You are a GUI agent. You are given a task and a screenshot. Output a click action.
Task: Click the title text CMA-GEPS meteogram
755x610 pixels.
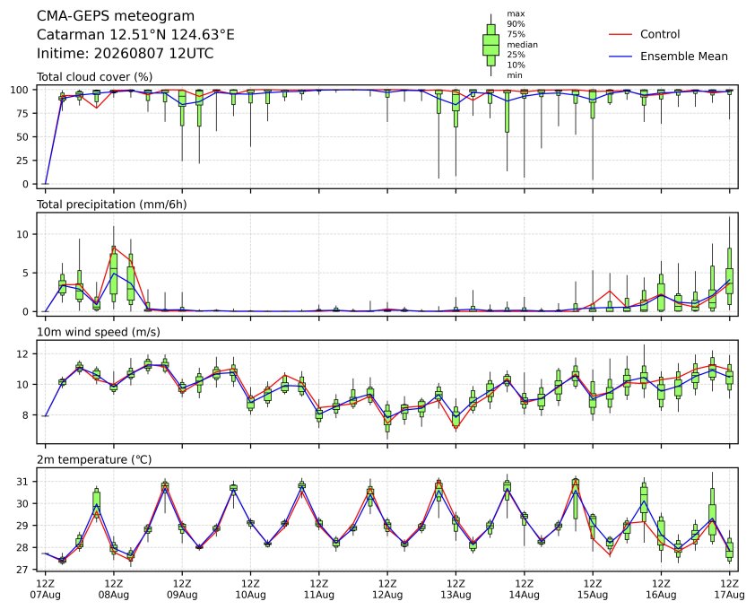tap(116, 16)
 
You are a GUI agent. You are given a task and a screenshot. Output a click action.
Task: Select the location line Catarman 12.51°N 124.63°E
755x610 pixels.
tap(135, 35)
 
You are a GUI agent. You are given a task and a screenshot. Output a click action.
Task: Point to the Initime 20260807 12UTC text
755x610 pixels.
tap(126, 53)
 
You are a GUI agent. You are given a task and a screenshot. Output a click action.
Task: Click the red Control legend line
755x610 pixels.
tap(620, 35)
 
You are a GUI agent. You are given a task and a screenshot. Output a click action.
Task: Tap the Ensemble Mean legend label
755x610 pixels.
tap(684, 57)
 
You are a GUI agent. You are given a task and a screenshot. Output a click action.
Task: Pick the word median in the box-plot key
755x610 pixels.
tap(522, 44)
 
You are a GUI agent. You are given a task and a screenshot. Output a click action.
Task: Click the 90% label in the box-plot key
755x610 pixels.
tap(516, 23)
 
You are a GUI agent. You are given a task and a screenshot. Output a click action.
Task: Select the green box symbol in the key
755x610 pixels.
tap(490, 45)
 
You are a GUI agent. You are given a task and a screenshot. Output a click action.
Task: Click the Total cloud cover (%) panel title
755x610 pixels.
tap(95, 77)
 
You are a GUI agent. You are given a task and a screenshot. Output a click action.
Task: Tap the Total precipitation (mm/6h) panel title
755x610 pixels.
tap(112, 205)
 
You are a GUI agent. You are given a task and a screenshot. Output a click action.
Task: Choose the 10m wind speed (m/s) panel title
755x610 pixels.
tap(99, 332)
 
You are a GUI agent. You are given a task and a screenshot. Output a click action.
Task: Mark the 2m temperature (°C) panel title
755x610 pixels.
tap(94, 459)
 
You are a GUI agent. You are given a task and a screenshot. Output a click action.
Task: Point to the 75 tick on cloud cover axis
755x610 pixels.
tap(23, 113)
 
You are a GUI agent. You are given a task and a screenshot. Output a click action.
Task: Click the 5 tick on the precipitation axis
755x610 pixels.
tap(27, 273)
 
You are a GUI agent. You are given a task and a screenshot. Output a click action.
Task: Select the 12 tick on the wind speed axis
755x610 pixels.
tap(23, 353)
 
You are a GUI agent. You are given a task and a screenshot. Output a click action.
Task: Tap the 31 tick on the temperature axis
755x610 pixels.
tap(23, 482)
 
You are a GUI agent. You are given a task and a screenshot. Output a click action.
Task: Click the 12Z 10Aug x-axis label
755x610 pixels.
tap(250, 589)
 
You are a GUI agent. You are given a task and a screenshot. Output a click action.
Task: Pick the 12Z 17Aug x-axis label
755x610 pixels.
tap(730, 589)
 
